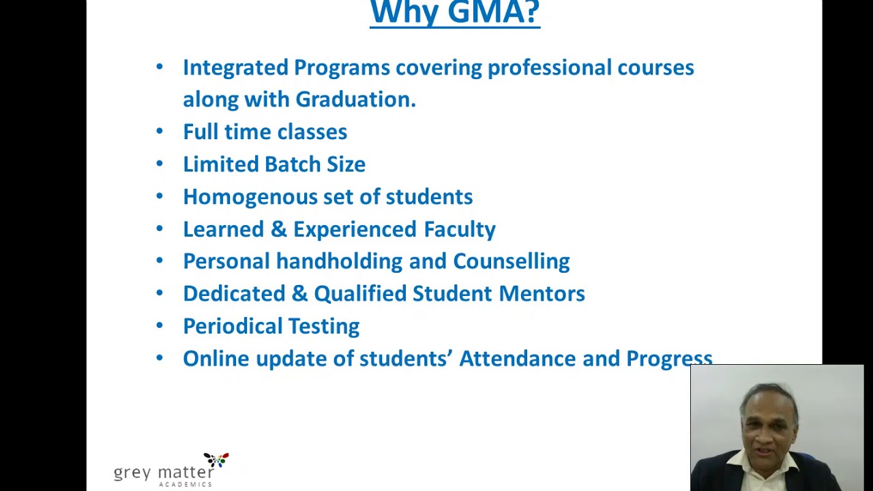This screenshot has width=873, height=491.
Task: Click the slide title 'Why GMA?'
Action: pyautogui.click(x=454, y=12)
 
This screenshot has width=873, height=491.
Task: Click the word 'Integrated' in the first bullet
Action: pyautogui.click(x=235, y=68)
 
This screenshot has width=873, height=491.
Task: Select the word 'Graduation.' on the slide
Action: pyautogui.click(x=355, y=100)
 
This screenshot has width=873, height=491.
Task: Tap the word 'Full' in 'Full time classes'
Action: pyautogui.click(x=199, y=132)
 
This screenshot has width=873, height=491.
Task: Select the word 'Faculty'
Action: pyautogui.click(x=460, y=229)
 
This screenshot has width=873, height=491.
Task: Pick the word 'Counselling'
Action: pyautogui.click(x=511, y=261)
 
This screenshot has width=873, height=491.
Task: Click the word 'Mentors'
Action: pyautogui.click(x=542, y=293)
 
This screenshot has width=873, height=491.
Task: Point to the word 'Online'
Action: pyautogui.click(x=216, y=359)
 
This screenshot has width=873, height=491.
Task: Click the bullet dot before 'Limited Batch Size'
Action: pyautogui.click(x=160, y=164)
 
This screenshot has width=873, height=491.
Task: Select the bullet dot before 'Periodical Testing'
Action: pyautogui.click(x=160, y=325)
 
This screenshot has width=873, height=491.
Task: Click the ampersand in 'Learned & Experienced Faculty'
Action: pyautogui.click(x=278, y=229)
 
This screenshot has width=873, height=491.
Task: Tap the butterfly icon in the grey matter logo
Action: pyautogui.click(x=217, y=460)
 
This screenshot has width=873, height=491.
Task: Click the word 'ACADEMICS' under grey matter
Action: pyautogui.click(x=186, y=484)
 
